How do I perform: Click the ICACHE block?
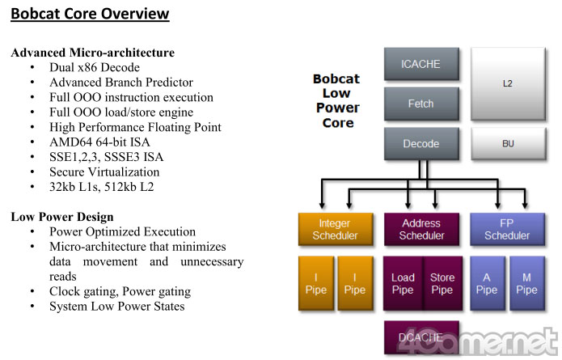point(420,63)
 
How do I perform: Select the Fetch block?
point(420,104)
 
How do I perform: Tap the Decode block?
point(420,144)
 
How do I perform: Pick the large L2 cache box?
point(508,83)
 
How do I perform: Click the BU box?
point(508,144)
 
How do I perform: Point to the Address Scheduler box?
point(421,229)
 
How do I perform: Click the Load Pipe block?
point(402,283)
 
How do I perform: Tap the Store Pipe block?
point(442,283)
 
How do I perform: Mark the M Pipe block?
point(527,283)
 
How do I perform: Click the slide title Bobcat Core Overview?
point(90,14)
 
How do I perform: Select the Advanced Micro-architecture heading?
point(92,53)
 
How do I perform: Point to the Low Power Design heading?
point(61,217)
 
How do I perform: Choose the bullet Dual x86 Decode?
point(94,67)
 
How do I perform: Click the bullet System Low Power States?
point(116,307)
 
